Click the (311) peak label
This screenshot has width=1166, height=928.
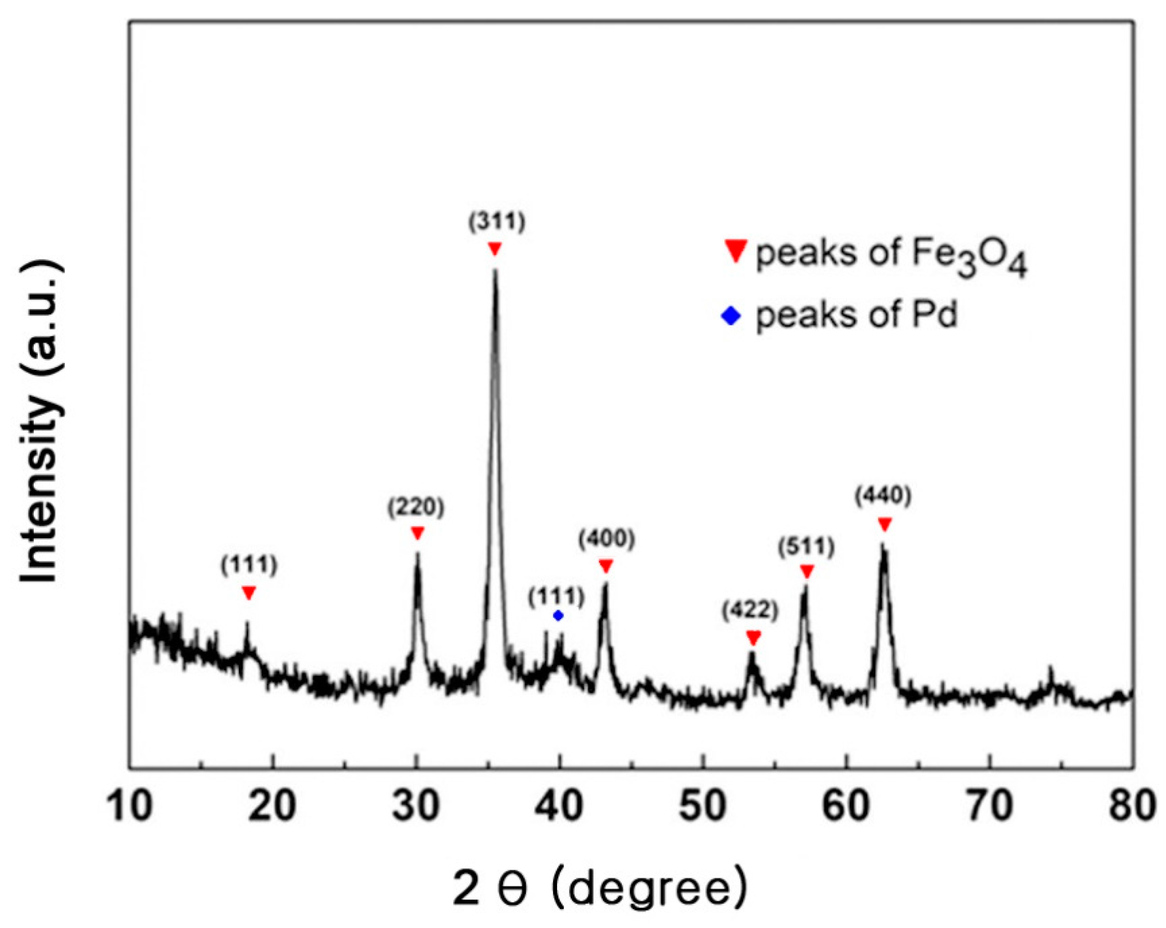point(496,223)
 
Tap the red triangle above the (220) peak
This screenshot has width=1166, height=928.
point(417,533)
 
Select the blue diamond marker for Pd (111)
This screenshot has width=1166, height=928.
point(559,615)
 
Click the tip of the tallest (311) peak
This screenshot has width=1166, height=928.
point(494,271)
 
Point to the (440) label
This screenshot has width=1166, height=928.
point(883,496)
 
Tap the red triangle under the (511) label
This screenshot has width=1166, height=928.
point(807,571)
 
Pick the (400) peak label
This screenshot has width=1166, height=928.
point(606,539)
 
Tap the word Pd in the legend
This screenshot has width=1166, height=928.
point(935,315)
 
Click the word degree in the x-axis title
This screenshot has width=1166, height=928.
point(649,889)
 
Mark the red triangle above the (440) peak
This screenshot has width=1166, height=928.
point(884,525)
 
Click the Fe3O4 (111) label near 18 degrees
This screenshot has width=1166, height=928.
point(249,565)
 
